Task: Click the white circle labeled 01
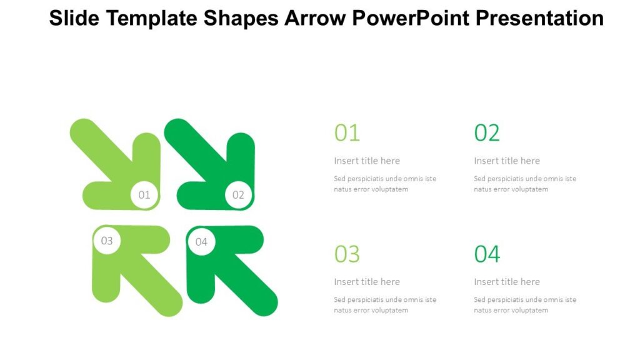144,194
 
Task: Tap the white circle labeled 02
238,194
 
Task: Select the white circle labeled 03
107,241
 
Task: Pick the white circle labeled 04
201,241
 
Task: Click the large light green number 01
347,132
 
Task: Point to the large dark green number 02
487,132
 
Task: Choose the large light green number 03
347,254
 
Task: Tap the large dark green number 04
487,254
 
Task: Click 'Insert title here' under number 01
367,161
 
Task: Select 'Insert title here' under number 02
507,161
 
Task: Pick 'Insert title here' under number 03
367,282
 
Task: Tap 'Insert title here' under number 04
507,282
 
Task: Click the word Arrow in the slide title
315,18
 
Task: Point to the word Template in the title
153,18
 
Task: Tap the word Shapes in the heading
241,18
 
